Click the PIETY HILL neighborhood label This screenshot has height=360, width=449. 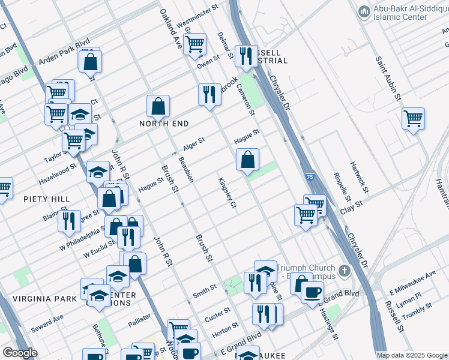point(47,199)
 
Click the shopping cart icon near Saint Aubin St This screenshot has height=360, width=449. point(413,119)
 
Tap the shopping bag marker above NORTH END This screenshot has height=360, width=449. point(158,107)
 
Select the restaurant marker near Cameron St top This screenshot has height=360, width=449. point(246,56)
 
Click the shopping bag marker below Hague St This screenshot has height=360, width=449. point(247,160)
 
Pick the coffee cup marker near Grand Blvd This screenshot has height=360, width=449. point(312,292)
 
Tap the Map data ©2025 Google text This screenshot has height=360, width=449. point(412,355)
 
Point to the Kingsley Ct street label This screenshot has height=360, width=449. point(229,193)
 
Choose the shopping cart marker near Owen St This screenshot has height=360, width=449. point(195,43)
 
